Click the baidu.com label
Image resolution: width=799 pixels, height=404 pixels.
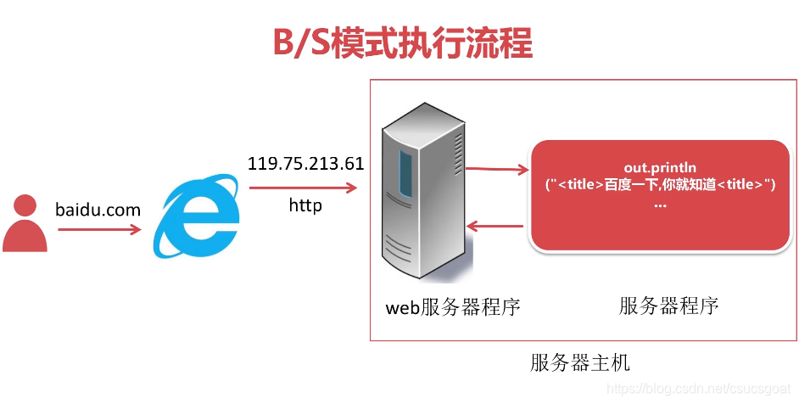[98, 209]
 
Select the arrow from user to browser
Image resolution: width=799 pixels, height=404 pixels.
[98, 228]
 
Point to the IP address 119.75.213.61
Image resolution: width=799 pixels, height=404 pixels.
[305, 163]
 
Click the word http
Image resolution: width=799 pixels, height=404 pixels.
[305, 205]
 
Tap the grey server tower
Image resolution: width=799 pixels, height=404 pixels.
[422, 195]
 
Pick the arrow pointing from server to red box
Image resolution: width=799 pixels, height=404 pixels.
[496, 170]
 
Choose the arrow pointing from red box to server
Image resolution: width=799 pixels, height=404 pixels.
[496, 226]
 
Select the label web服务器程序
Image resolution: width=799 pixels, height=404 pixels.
[453, 307]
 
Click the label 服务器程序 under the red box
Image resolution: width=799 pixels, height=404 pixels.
[668, 306]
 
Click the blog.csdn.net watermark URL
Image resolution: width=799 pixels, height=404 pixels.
[702, 388]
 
